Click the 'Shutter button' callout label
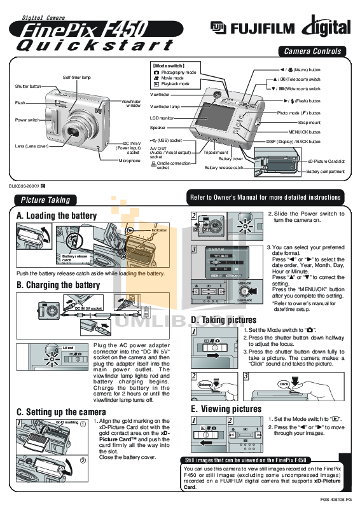[x=28, y=86]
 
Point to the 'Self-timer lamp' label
[x=76, y=77]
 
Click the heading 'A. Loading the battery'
[x=57, y=216]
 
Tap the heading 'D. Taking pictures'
[x=224, y=320]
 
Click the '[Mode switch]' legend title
[x=168, y=65]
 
